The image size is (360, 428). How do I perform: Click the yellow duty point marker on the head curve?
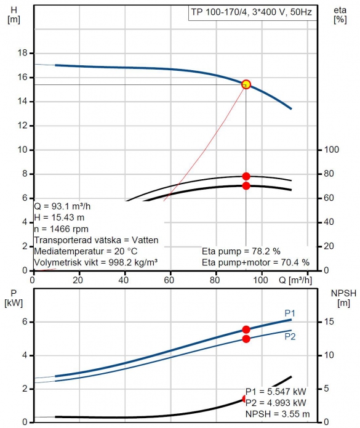tap(246, 84)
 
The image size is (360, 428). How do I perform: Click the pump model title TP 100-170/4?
tap(220, 12)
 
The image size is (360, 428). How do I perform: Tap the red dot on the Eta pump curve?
tap(246, 176)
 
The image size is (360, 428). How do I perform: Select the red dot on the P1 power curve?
tap(246, 329)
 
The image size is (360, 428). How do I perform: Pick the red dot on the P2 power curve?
tap(246, 339)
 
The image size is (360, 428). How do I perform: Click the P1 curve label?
tap(290, 313)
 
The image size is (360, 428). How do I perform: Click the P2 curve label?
tap(290, 337)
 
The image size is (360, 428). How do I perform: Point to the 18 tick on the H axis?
tap(23, 53)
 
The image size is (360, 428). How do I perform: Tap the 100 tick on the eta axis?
tap(331, 150)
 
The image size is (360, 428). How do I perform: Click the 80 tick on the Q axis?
tap(215, 280)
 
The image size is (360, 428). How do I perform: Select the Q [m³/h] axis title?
tap(295, 280)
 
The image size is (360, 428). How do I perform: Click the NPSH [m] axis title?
tap(343, 298)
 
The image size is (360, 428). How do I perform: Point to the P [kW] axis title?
tap(14, 298)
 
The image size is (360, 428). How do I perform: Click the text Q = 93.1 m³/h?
tap(62, 206)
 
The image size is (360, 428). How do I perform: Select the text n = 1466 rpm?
tap(61, 228)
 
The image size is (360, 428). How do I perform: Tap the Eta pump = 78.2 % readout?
tap(241, 251)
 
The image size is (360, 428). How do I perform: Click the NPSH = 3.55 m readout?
tap(278, 414)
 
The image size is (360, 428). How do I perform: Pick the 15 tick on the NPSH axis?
tap(329, 321)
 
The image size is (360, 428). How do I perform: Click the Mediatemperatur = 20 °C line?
tap(86, 251)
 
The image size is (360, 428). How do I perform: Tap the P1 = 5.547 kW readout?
tap(276, 392)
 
